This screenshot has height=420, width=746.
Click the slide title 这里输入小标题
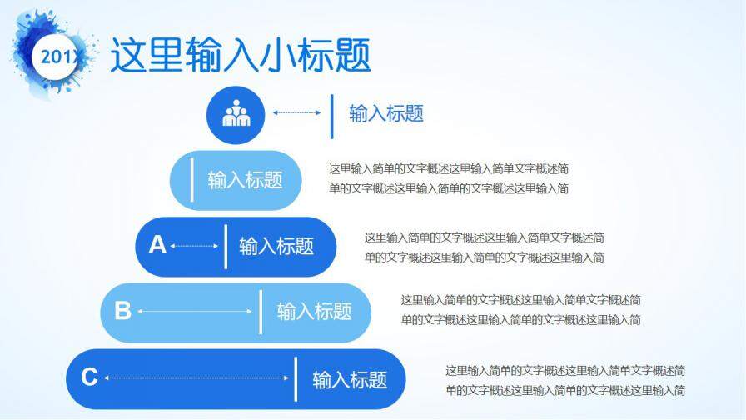[x=241, y=56]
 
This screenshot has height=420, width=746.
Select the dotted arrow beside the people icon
[x=296, y=112]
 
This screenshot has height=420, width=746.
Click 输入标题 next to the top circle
[x=385, y=114]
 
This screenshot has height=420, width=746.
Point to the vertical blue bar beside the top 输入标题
[x=332, y=115]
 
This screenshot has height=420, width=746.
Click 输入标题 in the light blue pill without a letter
[x=245, y=179]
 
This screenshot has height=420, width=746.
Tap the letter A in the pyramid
[x=157, y=245]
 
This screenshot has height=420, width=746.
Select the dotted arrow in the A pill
[x=194, y=246]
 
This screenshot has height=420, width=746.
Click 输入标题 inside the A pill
[x=276, y=246]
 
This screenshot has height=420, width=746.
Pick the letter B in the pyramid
[x=122, y=311]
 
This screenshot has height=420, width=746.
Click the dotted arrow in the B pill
[x=195, y=312]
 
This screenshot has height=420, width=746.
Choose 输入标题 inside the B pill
[x=314, y=312]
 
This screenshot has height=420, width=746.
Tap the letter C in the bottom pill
[x=89, y=377]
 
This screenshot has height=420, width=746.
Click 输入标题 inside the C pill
[x=350, y=380]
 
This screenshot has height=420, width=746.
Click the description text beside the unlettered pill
[x=449, y=178]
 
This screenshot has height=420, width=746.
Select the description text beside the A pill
[x=484, y=247]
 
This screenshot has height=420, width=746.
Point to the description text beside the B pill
[x=520, y=309]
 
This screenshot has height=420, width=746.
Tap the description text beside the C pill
[x=565, y=380]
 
